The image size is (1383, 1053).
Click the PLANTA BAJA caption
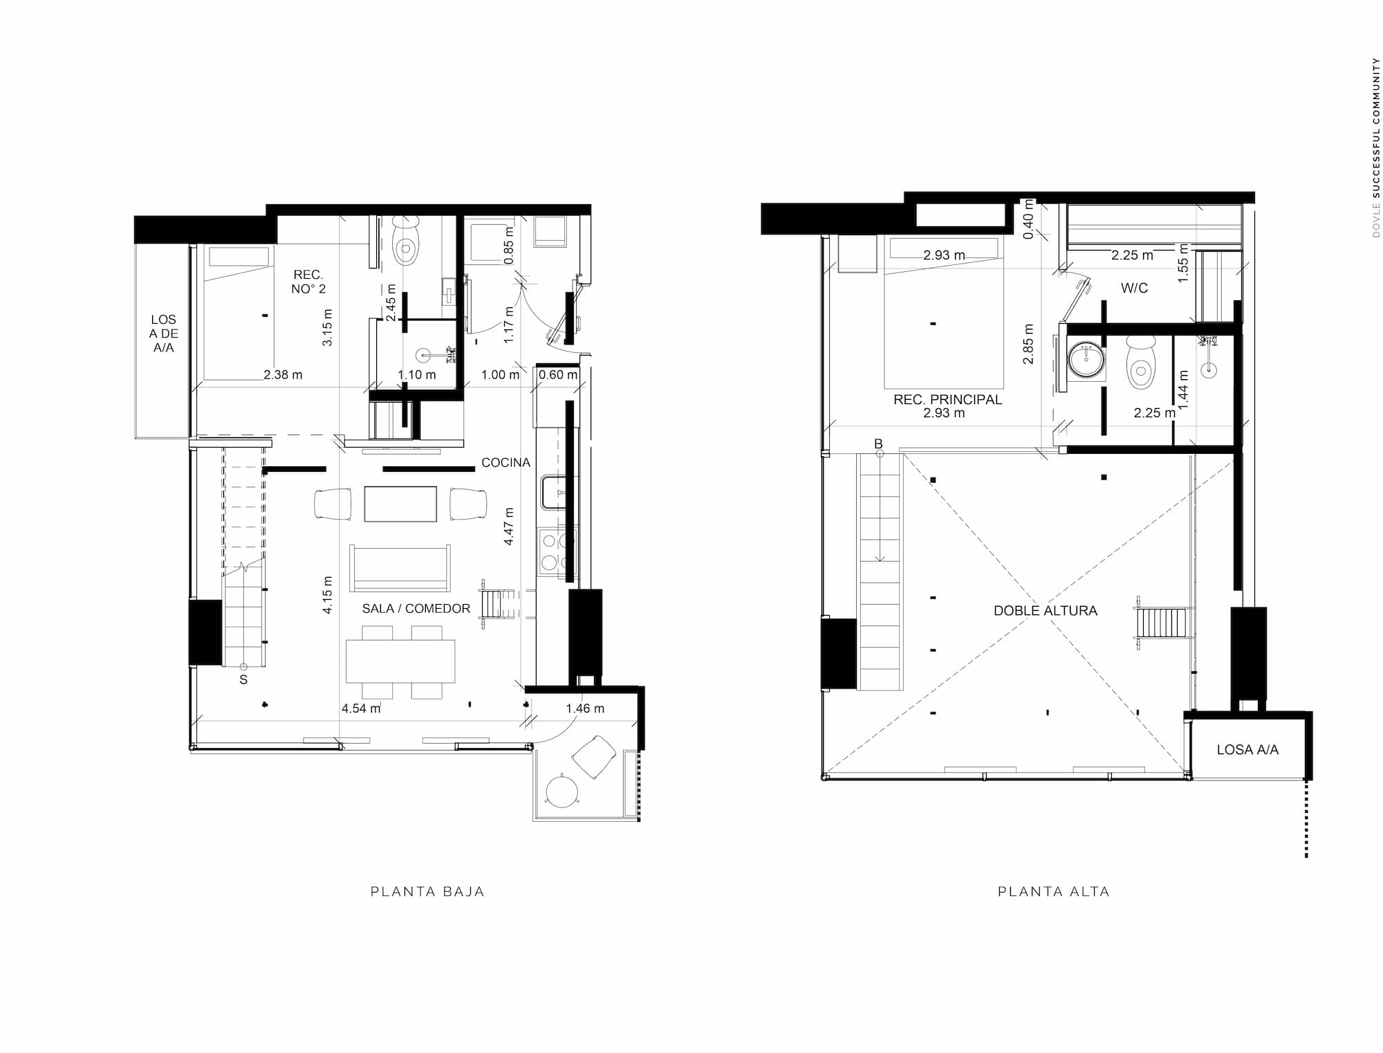(427, 892)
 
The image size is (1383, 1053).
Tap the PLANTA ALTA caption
(1054, 892)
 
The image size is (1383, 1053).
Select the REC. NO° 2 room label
(308, 282)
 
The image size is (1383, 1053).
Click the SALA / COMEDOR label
(416, 609)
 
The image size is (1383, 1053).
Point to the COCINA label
(505, 463)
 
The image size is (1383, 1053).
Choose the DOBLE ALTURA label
(1046, 611)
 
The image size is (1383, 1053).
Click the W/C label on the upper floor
(1134, 288)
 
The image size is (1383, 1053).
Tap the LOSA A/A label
(1247, 749)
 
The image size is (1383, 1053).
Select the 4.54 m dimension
(361, 708)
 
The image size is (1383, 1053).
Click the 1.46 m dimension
(585, 708)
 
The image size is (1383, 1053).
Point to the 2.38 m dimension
(283, 375)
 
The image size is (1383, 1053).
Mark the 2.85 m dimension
(1029, 344)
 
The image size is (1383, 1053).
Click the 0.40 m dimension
(1028, 219)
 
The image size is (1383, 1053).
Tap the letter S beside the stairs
(243, 680)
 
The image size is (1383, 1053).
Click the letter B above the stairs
(879, 444)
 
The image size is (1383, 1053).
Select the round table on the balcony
(562, 789)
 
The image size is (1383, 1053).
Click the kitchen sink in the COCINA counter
(553, 492)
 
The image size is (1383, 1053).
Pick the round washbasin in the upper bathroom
(1086, 360)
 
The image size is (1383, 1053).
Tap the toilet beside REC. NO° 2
(406, 241)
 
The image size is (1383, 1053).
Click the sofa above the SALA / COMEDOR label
(400, 568)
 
